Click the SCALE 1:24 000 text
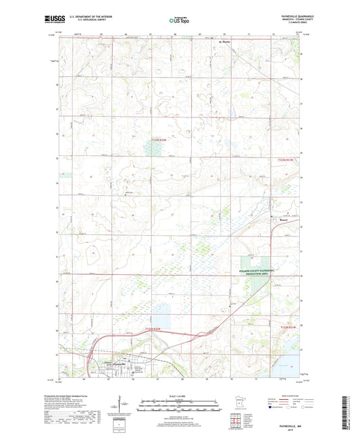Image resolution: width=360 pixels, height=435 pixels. coord(180,395)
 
